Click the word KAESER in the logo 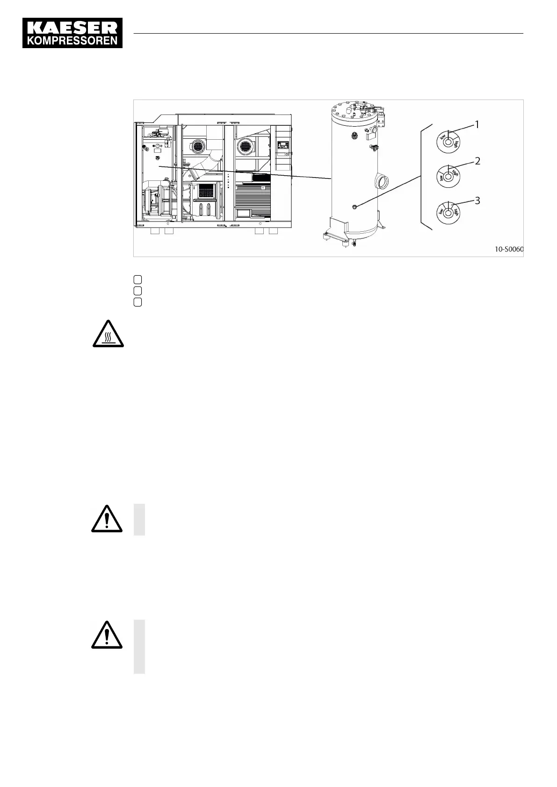tap(72, 27)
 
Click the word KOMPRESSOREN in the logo tap(72, 41)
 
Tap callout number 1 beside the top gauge tap(477, 125)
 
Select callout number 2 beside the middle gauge tap(477, 161)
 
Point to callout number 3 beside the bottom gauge tap(477, 200)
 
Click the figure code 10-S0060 tap(509, 249)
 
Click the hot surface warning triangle tap(108, 335)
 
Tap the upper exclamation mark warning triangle tap(107, 519)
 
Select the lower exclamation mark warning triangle tap(107, 636)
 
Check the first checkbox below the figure tap(137, 279)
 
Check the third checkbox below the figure tap(137, 302)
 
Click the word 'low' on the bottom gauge tap(441, 213)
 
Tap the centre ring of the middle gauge tap(448, 177)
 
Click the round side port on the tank tap(382, 180)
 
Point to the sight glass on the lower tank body tap(355, 206)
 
